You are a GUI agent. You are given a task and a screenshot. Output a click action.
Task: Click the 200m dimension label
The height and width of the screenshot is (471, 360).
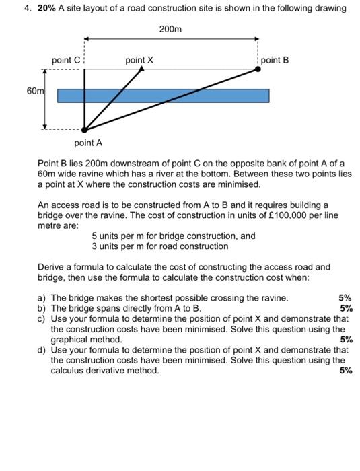click(170, 30)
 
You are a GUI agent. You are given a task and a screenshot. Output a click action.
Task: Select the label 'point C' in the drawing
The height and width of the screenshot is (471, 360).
click(66, 61)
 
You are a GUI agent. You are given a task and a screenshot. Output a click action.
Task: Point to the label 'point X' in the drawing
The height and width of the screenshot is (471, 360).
click(139, 61)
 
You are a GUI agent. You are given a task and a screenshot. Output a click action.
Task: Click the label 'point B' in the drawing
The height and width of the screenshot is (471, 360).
click(275, 60)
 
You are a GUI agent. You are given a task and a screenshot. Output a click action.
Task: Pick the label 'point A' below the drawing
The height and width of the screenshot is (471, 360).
click(88, 143)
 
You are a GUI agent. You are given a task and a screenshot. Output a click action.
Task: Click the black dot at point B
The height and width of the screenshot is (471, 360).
click(258, 69)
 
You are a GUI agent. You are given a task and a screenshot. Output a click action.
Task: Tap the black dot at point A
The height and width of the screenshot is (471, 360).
click(84, 130)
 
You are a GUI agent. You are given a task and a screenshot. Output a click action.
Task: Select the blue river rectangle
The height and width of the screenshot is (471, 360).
click(163, 96)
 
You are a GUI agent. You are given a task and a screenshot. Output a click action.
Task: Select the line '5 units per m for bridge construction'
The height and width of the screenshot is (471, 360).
click(174, 236)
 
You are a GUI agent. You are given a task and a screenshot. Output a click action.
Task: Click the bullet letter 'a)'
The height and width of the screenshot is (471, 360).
click(42, 297)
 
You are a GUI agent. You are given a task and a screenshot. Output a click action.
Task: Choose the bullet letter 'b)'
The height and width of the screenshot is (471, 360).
click(42, 307)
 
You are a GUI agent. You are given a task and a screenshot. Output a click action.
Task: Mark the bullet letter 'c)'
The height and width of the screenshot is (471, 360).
click(42, 318)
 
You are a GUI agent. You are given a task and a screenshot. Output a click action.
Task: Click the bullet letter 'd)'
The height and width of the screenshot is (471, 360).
click(42, 350)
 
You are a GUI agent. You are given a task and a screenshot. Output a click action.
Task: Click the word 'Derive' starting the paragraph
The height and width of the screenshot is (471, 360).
click(52, 267)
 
